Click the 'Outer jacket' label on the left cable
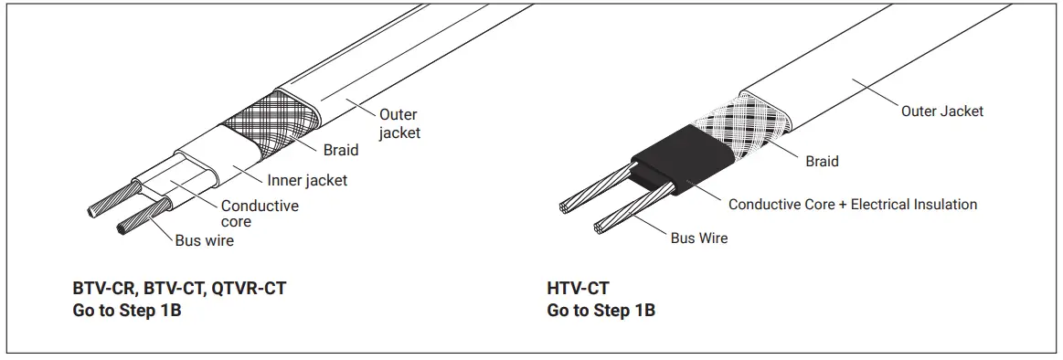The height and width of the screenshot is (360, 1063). (x=399, y=123)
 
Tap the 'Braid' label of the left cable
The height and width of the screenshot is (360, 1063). (x=341, y=150)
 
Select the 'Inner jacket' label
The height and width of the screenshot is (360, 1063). (x=307, y=181)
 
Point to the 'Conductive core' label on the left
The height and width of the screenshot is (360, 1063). (x=260, y=214)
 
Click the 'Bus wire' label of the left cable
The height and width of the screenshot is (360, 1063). (x=205, y=241)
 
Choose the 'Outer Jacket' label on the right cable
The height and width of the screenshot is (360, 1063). (x=942, y=111)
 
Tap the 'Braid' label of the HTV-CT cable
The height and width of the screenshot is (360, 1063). (x=822, y=162)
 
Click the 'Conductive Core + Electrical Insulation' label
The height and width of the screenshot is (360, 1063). (x=853, y=205)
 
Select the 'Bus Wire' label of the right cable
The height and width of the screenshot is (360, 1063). (x=699, y=238)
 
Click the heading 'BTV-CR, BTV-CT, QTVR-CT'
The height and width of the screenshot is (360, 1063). (x=179, y=289)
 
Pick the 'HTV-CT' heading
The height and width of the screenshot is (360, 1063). (x=578, y=289)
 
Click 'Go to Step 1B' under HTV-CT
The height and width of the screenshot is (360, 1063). (x=601, y=311)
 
